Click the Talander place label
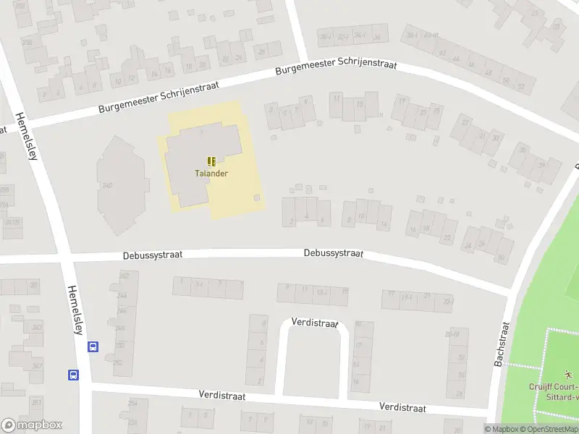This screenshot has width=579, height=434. [211, 174]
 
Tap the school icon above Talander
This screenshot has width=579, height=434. [211, 161]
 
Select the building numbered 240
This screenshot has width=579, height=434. [108, 186]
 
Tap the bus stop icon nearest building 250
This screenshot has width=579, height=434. [93, 347]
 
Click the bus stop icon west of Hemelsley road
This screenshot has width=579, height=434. [73, 375]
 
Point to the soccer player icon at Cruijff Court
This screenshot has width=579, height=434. [569, 375]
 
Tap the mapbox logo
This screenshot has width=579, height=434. [32, 425]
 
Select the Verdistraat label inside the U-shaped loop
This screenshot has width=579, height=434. [315, 323]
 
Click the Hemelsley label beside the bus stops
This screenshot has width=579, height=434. [75, 309]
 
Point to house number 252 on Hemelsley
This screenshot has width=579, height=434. [117, 362]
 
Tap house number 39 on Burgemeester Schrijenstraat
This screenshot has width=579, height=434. [541, 166]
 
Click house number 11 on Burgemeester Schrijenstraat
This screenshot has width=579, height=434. [336, 97]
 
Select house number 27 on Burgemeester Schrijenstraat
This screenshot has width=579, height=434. [464, 123]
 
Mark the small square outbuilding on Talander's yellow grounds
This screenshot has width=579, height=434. [256, 197]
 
